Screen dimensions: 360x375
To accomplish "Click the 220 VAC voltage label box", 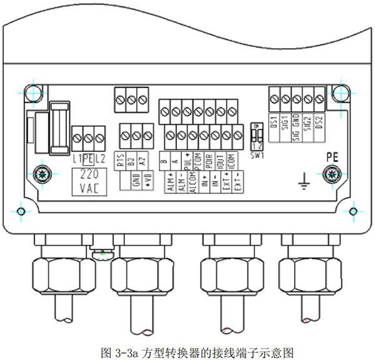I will [88, 181].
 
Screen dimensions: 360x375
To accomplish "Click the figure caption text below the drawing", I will [187, 351].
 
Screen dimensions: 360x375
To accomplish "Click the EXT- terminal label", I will [238, 187].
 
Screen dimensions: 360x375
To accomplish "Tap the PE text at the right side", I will [331, 157].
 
